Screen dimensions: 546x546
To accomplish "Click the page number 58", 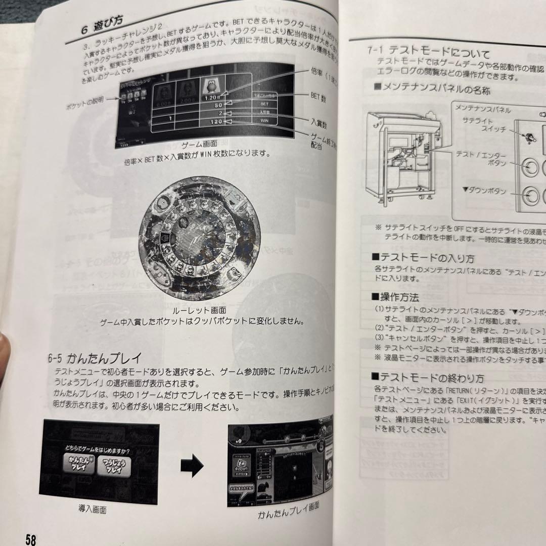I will [x=31, y=539].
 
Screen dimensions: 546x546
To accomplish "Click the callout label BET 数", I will [x=318, y=98].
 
